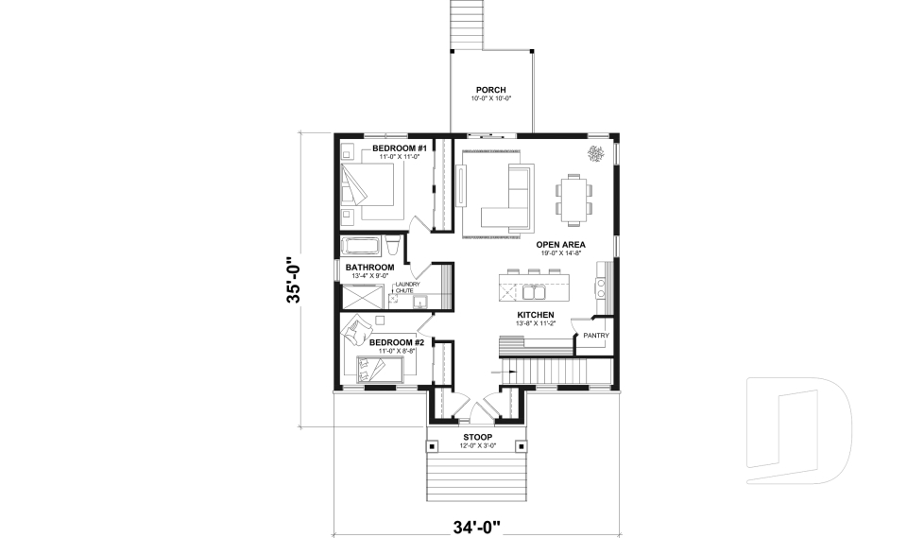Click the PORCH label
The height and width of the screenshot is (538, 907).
coord(491,90)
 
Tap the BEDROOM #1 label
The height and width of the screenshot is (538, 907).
coord(400,148)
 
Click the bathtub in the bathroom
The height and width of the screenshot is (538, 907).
coord(360,248)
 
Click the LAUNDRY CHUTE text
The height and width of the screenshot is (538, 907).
coord(407,287)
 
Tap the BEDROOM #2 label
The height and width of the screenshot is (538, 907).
coord(395,341)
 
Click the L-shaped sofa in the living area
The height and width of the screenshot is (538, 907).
coord(510,199)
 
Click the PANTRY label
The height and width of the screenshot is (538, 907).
coord(595,335)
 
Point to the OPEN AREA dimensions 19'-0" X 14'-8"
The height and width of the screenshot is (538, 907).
coord(561,253)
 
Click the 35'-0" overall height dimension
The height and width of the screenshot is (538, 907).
coord(295,281)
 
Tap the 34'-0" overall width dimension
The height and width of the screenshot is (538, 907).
coord(477,525)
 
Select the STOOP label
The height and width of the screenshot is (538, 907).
coord(478,437)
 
